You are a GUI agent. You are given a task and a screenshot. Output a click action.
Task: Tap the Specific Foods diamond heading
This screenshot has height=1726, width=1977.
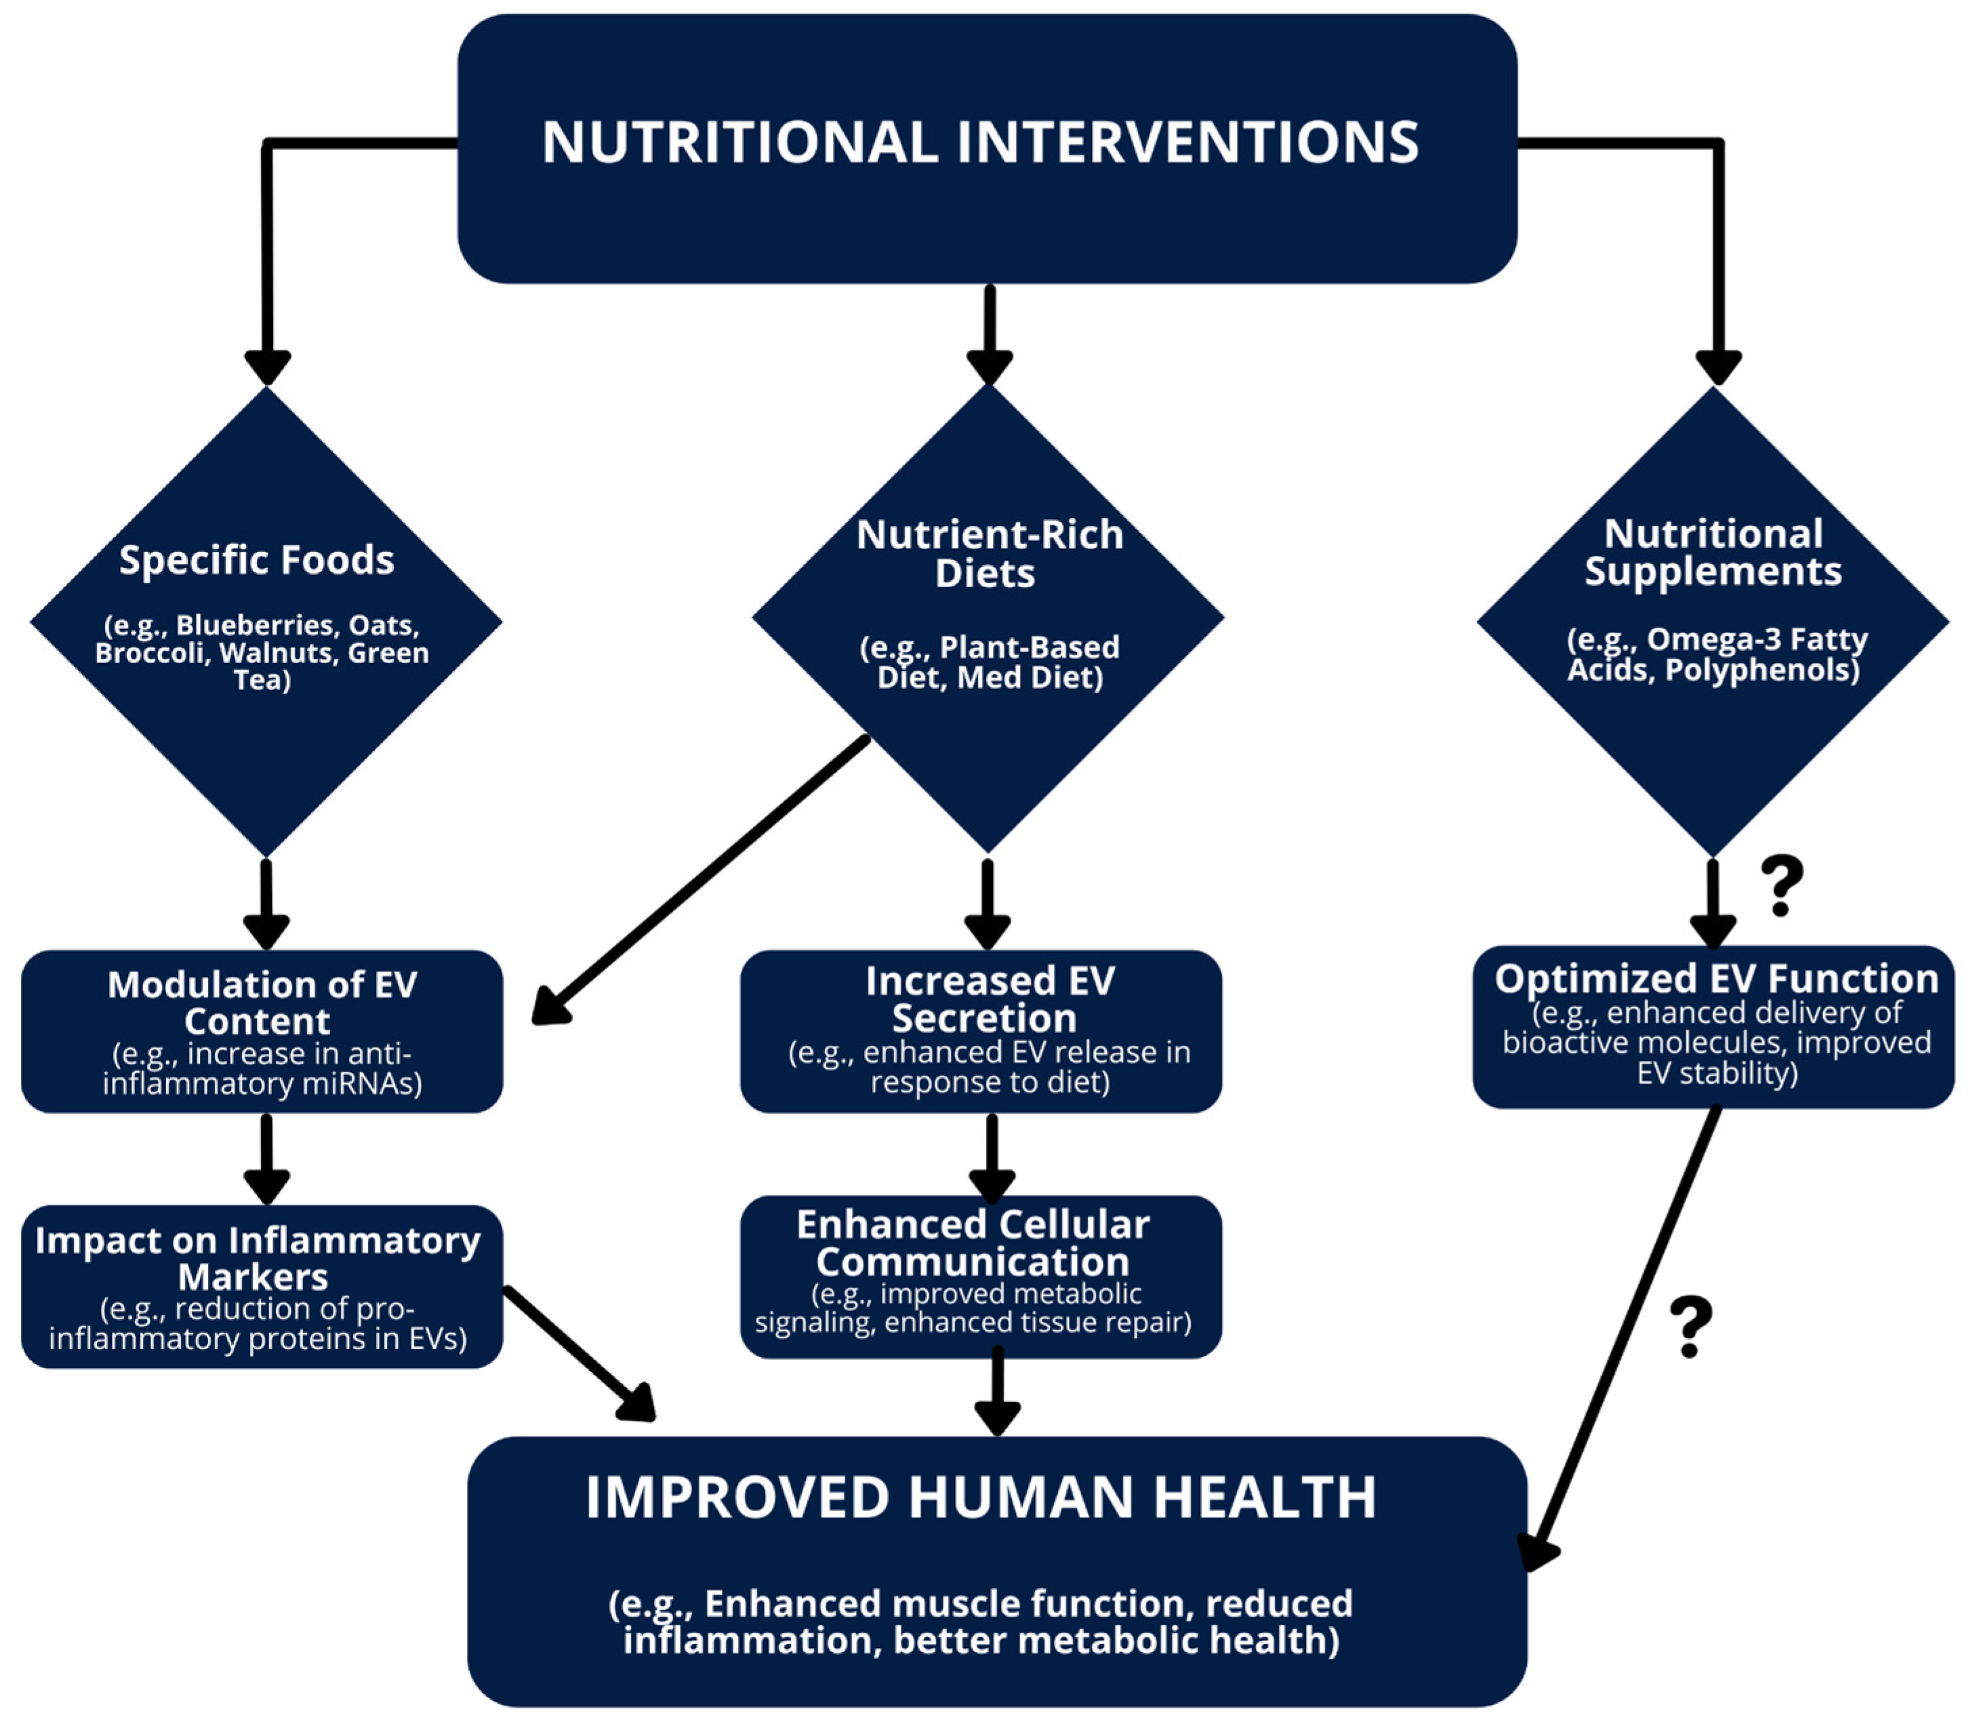256,559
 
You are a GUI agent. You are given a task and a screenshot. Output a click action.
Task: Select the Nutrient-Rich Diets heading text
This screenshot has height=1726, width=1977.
989,554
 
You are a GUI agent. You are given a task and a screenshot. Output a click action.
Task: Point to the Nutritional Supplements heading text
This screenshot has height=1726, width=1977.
1713,552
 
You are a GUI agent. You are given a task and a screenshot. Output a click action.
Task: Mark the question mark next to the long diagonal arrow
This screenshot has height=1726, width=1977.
1691,1326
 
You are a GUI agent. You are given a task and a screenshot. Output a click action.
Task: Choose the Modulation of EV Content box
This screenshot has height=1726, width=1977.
262,1030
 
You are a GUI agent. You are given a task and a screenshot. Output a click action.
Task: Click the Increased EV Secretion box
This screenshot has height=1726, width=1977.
980,1030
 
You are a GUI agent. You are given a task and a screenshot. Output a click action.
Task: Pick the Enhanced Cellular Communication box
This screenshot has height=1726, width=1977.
980,1277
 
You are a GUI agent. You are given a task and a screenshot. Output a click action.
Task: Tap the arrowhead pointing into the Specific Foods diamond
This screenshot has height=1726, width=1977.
267,367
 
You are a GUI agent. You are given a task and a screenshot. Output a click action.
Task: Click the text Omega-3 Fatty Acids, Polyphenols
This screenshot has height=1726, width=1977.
1716,654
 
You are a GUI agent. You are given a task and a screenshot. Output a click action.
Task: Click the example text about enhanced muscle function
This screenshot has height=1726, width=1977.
980,1622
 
